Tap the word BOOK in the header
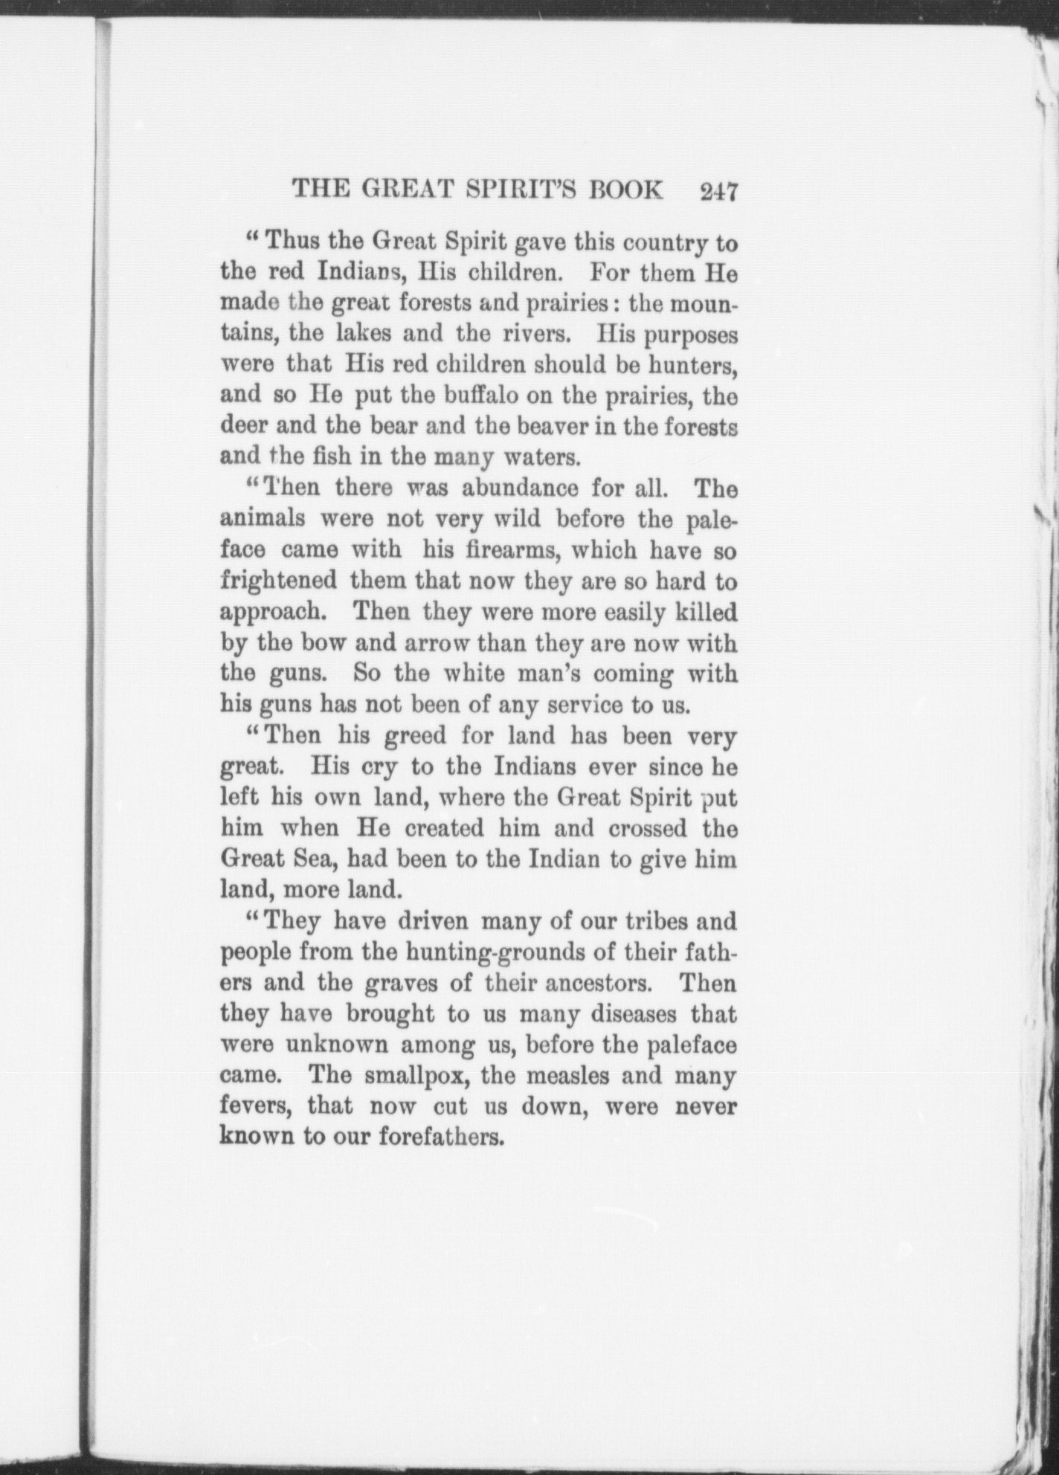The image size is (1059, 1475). coord(625,190)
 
